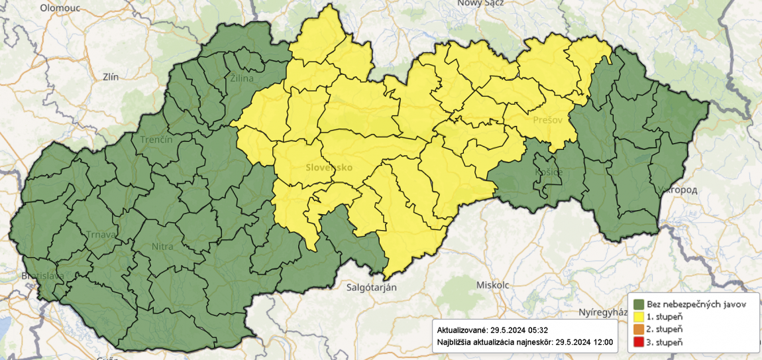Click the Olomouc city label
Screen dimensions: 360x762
(60, 8)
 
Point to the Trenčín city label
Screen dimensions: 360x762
(156, 140)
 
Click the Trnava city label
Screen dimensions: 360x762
(101, 234)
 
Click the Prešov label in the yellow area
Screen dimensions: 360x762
(547, 120)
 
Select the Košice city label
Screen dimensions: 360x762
(548, 172)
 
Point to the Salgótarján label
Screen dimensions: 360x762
(372, 287)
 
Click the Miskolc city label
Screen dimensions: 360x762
(492, 284)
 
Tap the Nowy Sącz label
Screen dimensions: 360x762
(480, 3)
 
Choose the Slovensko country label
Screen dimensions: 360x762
(329, 167)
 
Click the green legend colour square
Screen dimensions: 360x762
(639, 304)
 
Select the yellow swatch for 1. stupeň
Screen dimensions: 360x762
(639, 317)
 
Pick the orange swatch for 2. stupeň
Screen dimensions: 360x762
(639, 329)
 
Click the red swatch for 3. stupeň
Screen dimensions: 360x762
(639, 341)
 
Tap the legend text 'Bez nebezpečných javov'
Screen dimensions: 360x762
(697, 304)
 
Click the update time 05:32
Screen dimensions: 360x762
(535, 330)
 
